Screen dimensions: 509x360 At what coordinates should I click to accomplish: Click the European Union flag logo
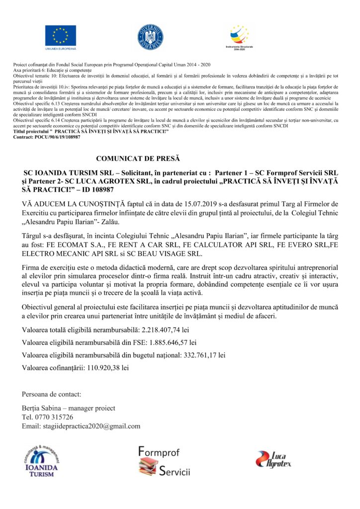point(61,35)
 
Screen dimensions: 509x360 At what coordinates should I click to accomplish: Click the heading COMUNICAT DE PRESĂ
point(137,159)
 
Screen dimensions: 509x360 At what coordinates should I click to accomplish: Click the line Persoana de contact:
point(51,394)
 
